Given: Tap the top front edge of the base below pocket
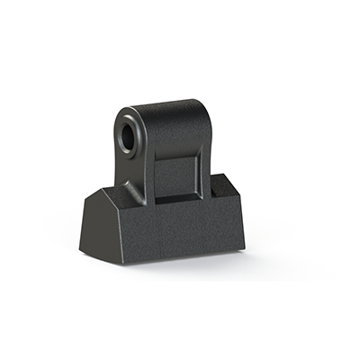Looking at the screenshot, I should pyautogui.click(x=180, y=204).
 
